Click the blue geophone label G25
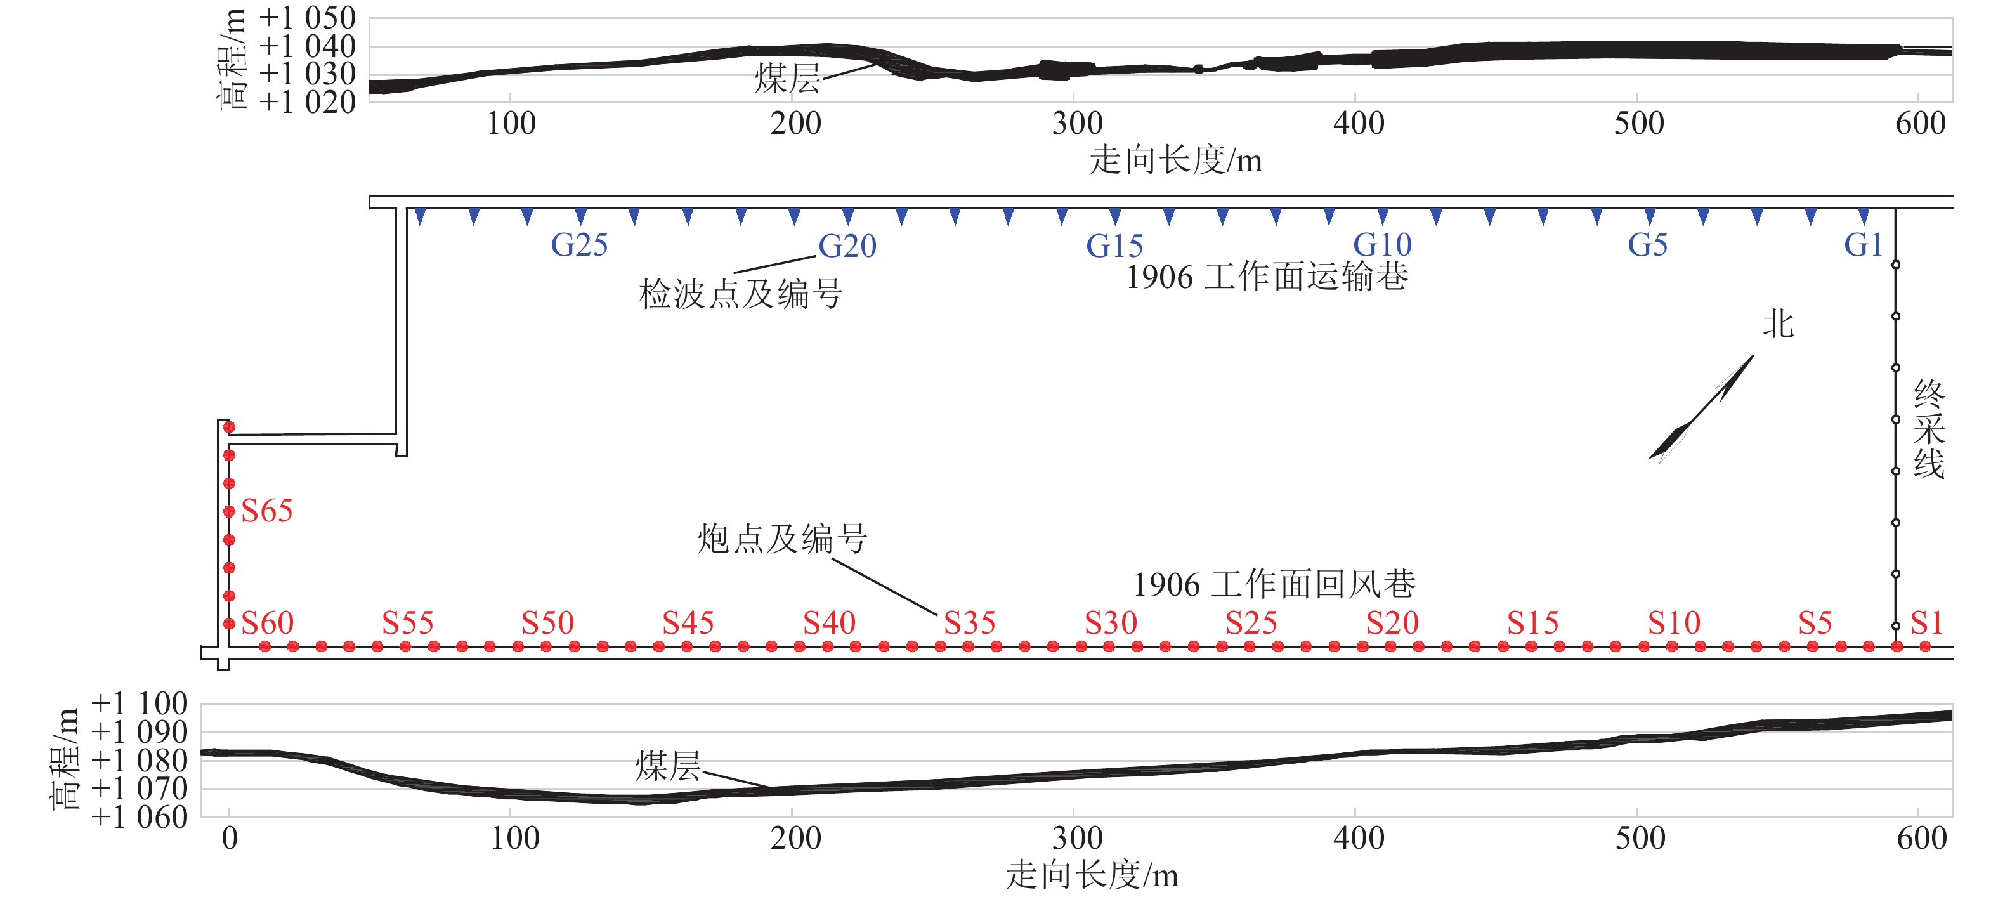[578, 246]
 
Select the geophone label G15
[1114, 246]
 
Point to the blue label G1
[1863, 246]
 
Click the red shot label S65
[267, 511]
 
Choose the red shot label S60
[267, 623]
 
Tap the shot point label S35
[970, 623]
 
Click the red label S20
[1392, 623]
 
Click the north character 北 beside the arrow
[1778, 324]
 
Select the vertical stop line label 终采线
[1928, 429]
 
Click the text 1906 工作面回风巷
[1274, 584]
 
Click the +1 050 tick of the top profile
[307, 18]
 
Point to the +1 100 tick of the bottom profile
[140, 704]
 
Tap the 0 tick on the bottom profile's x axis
[229, 838]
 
